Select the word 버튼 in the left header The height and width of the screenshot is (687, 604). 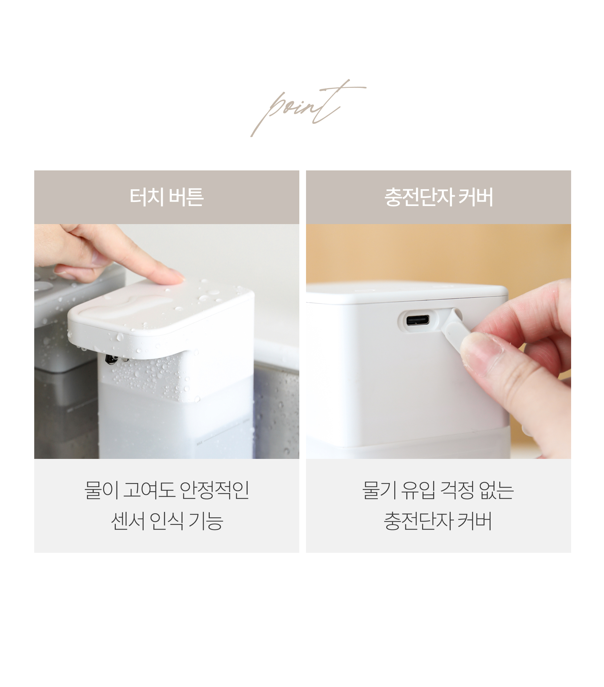[186, 197]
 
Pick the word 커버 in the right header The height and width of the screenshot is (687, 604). [475, 197]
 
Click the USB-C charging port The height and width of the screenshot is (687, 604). [417, 320]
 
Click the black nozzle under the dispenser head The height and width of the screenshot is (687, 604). [110, 359]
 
